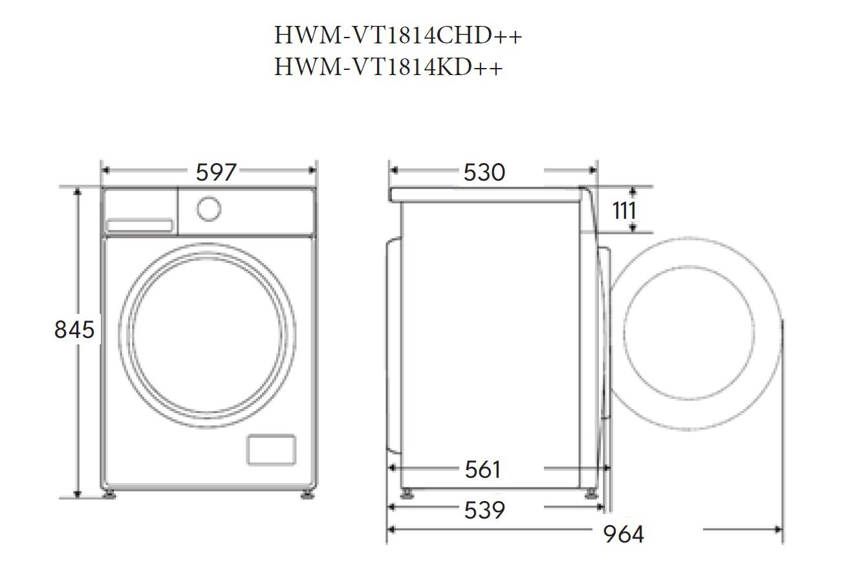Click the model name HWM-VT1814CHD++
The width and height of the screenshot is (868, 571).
[x=398, y=36]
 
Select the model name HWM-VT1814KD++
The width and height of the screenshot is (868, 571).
[x=388, y=67]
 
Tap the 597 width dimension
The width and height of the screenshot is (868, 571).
[x=216, y=172]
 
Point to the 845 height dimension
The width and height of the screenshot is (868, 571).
[x=74, y=330]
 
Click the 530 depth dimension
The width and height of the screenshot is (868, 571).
[x=484, y=172]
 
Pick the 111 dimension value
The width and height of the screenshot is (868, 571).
[x=624, y=210]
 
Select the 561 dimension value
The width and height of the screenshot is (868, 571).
[x=483, y=470]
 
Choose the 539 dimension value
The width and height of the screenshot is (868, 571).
[x=484, y=509]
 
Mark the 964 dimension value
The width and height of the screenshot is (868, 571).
[x=624, y=534]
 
